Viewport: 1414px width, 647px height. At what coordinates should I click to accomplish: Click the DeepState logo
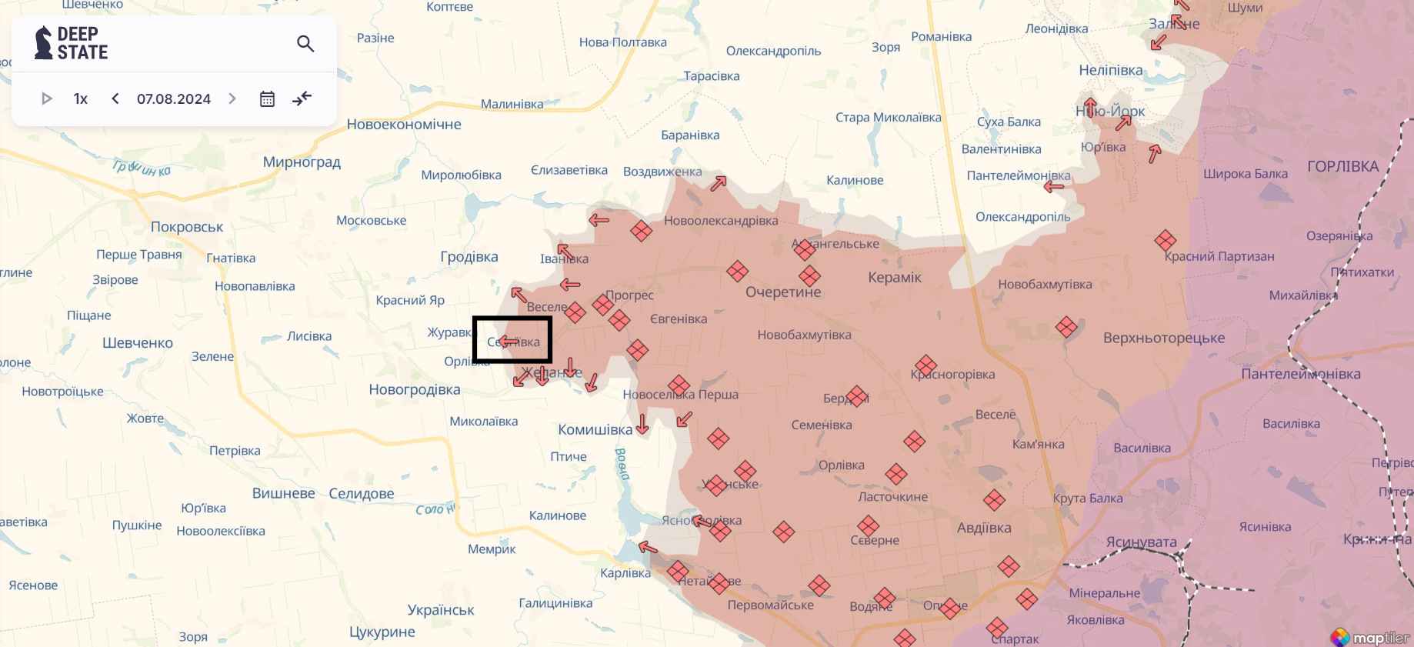[x=71, y=43]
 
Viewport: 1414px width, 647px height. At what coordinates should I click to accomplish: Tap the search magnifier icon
[x=305, y=44]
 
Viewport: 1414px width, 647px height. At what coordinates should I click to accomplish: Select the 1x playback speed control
[x=81, y=98]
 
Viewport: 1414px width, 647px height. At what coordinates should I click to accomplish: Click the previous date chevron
[x=115, y=98]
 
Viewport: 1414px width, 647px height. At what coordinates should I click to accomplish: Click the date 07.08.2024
[x=174, y=98]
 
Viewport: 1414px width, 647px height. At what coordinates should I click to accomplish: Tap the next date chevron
[x=232, y=98]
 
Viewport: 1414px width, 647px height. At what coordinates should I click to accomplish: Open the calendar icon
[x=267, y=98]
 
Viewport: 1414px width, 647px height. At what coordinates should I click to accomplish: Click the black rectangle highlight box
[x=512, y=339]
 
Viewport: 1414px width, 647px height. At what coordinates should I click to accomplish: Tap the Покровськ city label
[x=187, y=227]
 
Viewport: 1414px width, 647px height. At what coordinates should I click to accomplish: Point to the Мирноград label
[x=302, y=162]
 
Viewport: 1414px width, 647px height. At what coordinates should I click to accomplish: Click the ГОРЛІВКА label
[x=1342, y=166]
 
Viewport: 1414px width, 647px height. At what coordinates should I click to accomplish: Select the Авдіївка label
[x=984, y=528]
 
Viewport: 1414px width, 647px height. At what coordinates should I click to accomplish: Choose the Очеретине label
[x=783, y=292]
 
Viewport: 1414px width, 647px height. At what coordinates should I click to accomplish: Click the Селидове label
[x=362, y=494]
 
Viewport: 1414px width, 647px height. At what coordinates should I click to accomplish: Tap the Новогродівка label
[x=415, y=390]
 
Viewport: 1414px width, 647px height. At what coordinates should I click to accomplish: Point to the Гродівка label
[x=469, y=257]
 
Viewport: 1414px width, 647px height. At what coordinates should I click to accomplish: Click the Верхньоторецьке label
[x=1164, y=339]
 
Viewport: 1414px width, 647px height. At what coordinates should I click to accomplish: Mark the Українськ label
[x=441, y=610]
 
